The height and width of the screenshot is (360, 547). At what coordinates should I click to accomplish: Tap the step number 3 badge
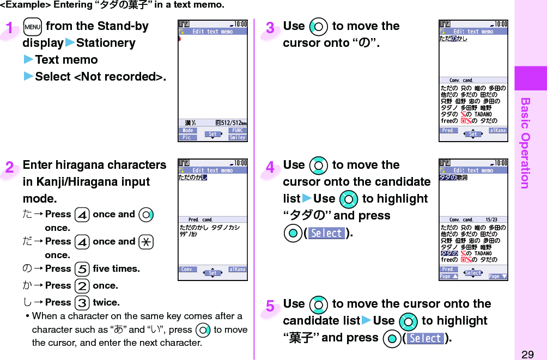[x=270, y=28]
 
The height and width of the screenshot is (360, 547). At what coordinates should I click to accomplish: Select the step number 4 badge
[x=270, y=168]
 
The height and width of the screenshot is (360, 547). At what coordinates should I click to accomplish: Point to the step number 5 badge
[x=270, y=307]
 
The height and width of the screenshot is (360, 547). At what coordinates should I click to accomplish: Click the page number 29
[x=527, y=354]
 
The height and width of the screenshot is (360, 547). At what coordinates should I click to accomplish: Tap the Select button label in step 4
[x=326, y=233]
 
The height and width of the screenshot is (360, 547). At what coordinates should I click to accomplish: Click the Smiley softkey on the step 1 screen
[x=238, y=138]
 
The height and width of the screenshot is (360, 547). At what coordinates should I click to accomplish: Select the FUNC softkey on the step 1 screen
[x=238, y=131]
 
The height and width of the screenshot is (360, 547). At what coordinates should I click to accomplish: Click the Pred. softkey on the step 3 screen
[x=448, y=131]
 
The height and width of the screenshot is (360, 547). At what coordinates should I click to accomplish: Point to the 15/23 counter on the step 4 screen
[x=493, y=220]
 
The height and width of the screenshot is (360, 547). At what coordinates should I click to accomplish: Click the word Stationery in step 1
[x=106, y=43]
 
